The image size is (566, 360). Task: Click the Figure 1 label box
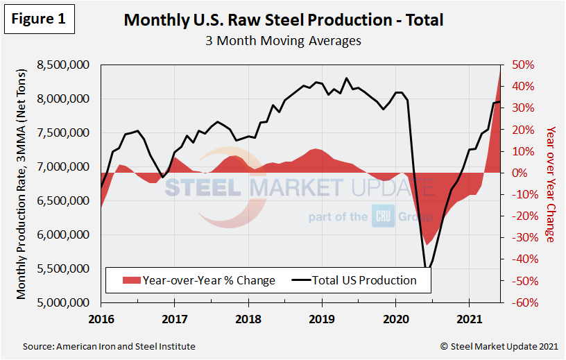coord(40,19)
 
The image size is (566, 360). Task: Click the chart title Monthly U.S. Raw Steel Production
coord(283,19)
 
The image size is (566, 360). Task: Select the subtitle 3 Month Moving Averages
coord(283,40)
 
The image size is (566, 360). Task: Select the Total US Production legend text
coord(365,280)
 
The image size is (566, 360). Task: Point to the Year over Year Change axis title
coord(550,184)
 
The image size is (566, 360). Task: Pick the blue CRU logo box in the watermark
coord(384,216)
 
